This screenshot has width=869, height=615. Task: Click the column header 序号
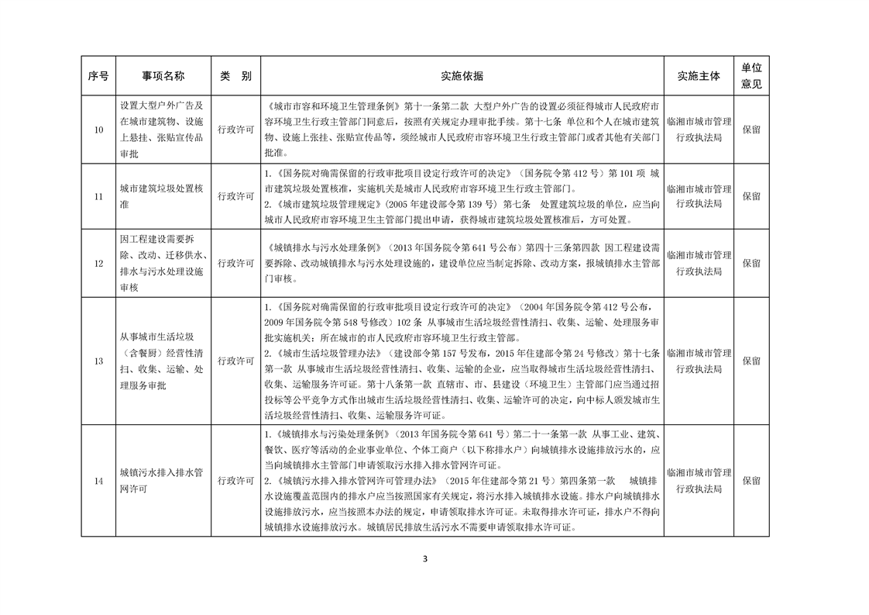point(98,76)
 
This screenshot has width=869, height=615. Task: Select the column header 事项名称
point(163,76)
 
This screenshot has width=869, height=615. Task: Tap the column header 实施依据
point(462,76)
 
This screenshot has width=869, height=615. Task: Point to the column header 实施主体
point(699,76)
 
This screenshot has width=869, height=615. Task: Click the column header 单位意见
point(751,76)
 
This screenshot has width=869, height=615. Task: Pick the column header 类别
point(235,76)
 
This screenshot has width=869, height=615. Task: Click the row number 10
point(98,130)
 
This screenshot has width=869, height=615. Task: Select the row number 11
point(98,197)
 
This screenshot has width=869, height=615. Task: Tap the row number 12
point(98,264)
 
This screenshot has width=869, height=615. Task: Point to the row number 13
point(98,361)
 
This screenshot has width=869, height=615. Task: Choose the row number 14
point(98,481)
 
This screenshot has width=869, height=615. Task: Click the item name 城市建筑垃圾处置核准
point(162,197)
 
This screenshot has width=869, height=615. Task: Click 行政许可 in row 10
point(235,130)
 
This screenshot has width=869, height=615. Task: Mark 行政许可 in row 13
point(235,361)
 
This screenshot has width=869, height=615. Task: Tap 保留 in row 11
point(751,197)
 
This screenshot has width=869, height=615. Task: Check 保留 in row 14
point(751,481)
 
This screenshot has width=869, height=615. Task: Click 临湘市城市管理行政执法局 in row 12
point(699,264)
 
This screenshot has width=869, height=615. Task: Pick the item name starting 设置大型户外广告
point(162,130)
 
